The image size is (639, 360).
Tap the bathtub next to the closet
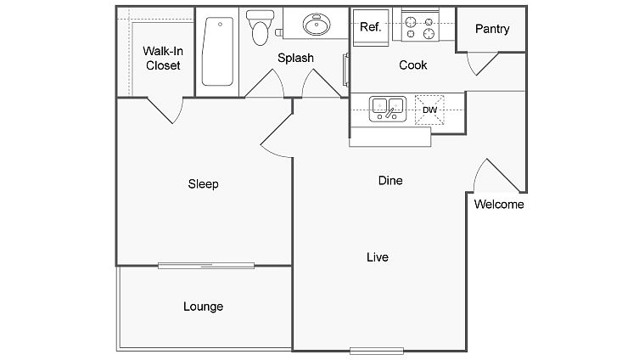(217, 52)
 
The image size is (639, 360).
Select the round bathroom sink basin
(317, 25)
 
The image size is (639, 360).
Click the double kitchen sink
(388, 109)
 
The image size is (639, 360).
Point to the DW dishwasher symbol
(429, 110)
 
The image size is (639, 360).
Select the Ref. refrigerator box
(371, 27)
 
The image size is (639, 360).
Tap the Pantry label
(492, 29)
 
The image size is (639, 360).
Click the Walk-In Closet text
(163, 59)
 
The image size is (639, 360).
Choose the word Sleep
(203, 184)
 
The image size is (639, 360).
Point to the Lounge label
(203, 307)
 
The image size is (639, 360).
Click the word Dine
(390, 180)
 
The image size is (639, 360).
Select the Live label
(378, 257)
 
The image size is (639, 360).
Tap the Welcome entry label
(499, 205)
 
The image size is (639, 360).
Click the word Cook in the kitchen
(412, 65)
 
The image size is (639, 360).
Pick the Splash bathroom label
(295, 58)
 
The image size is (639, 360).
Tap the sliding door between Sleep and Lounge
(206, 266)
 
